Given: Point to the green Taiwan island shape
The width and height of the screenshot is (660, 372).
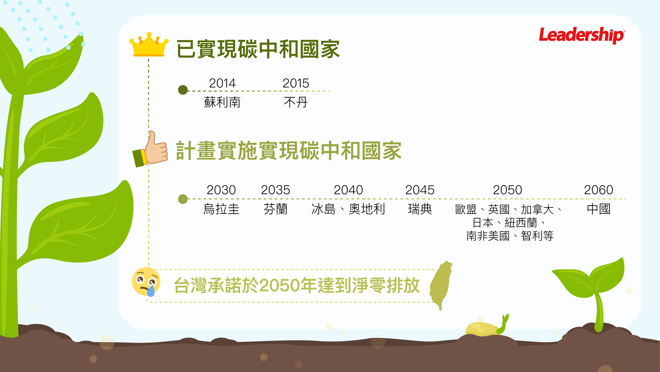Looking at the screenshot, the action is [441, 285].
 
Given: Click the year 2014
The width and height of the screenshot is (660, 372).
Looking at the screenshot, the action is [222, 83].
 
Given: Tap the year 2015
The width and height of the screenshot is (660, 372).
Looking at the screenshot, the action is [296, 83].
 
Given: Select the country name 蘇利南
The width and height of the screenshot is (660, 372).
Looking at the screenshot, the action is [222, 102].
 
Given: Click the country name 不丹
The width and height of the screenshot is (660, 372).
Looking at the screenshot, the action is [296, 102].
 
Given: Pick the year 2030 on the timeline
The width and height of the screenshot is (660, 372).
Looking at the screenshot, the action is [221, 190].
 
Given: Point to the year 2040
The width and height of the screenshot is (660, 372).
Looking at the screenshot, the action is [348, 190].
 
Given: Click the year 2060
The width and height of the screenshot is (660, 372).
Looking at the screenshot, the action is [599, 190].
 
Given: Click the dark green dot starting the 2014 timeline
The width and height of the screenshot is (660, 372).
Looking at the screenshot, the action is [183, 90].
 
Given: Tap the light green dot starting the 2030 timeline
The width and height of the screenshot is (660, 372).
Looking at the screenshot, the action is [183, 199].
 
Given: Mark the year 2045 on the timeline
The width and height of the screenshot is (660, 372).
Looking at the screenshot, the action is [420, 190].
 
